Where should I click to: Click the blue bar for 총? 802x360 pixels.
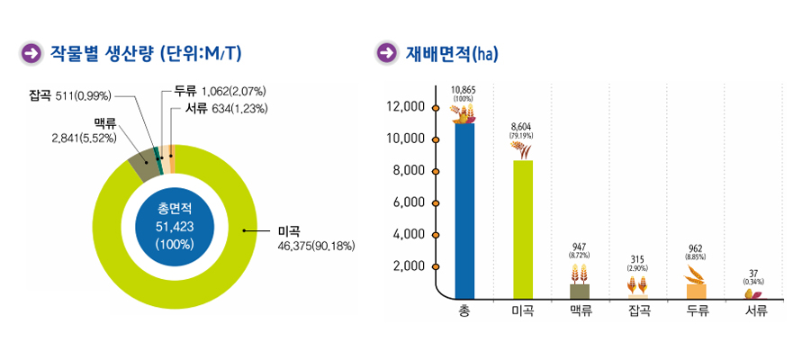[x=464, y=211]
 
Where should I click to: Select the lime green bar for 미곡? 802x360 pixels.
[x=523, y=229]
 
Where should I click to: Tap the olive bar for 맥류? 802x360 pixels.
[x=580, y=291]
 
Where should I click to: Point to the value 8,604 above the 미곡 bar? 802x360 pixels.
[x=521, y=128]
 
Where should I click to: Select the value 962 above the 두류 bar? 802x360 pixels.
[x=697, y=247]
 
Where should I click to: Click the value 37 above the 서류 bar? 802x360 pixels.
[x=754, y=273]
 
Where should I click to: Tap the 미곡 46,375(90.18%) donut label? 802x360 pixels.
[x=317, y=238]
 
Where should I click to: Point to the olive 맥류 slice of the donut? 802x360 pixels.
[x=141, y=165]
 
